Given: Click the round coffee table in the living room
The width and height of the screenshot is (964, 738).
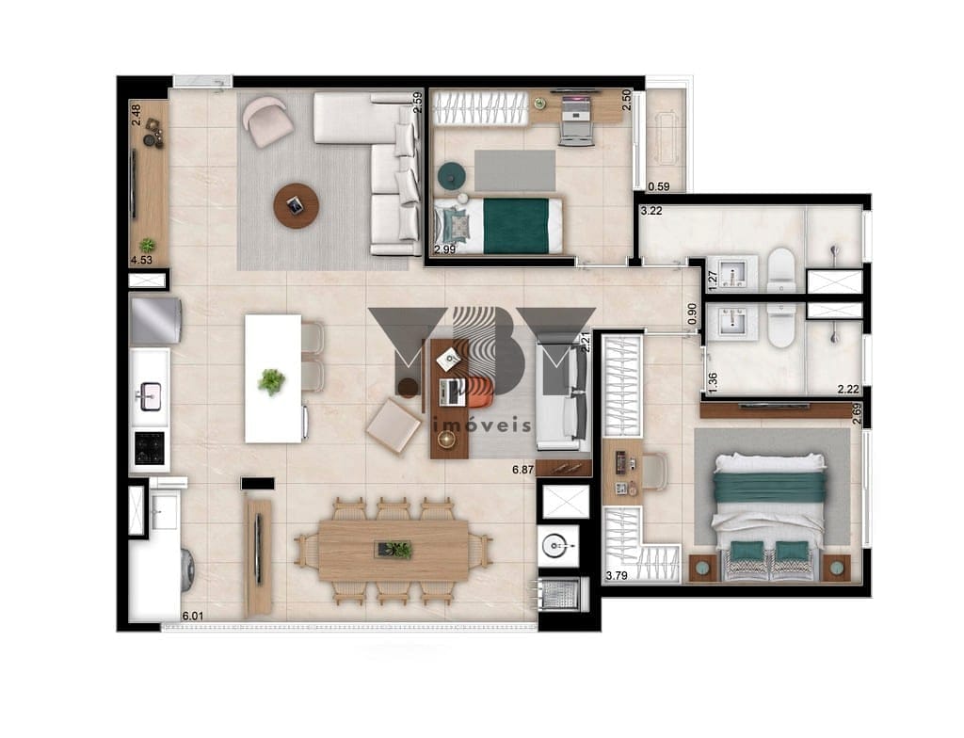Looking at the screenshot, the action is point(297,205).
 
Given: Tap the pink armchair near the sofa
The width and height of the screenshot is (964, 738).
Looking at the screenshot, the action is point(267,121).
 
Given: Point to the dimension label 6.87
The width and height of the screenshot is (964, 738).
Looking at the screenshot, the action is point(523,470).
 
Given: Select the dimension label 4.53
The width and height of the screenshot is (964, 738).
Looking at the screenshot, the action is point(141,260).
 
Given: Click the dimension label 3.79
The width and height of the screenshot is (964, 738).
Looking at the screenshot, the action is point(617,576).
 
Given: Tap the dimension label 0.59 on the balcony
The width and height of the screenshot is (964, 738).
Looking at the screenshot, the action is point(658,187).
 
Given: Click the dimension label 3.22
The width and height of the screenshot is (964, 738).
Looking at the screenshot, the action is point(651,211).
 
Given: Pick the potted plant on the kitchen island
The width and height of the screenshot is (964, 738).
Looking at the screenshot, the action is point(271,381).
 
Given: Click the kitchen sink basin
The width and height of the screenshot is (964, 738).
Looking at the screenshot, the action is point(151,394).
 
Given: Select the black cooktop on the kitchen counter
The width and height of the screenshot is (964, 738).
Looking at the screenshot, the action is point(150,447).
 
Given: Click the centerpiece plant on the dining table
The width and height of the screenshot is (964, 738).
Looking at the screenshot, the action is point(394,549).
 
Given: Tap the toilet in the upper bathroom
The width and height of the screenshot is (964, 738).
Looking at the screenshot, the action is point(781,269).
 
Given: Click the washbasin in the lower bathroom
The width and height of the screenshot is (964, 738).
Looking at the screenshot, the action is point(731,322).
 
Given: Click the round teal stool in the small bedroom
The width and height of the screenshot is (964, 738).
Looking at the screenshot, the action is point(452,176).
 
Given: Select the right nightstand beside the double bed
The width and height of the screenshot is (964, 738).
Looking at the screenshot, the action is point(837,568).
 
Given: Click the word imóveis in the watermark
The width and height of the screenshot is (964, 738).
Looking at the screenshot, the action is point(482,425).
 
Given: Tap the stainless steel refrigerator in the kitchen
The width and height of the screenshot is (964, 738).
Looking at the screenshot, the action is point(156,320).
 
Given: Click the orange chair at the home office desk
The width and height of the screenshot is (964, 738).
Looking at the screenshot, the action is point(480,392).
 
